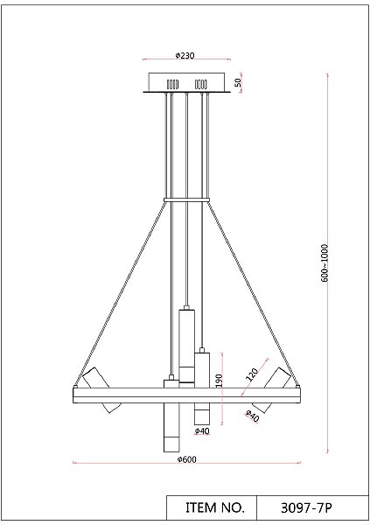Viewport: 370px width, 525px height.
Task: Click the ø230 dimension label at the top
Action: [185, 55]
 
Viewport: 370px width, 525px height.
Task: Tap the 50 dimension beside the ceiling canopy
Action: [237, 83]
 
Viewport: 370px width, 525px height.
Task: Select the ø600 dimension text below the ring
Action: [185, 458]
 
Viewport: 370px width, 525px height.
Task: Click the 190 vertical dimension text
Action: [220, 381]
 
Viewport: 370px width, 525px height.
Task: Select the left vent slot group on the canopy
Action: [171, 84]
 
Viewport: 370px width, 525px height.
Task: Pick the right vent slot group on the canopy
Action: [200, 84]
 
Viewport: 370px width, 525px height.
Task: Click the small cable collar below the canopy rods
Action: [186, 200]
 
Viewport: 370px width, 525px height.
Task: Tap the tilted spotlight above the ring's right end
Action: [279, 378]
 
